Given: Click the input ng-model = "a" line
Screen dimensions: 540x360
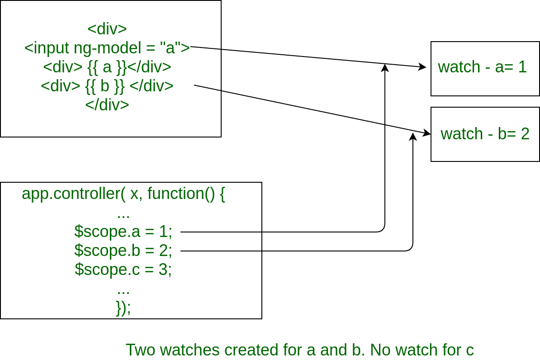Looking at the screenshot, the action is coord(107,48).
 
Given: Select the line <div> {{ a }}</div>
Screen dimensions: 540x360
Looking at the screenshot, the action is coord(107,67).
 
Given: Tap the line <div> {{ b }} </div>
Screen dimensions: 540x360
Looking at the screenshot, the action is coord(107,86).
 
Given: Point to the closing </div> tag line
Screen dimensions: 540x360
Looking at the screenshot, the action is coord(107,104).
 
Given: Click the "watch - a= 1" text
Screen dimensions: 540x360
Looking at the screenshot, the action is coord(482,67).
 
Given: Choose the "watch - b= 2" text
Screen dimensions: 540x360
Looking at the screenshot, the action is coord(485,134).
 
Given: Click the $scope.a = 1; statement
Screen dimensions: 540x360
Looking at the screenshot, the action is coord(123,231).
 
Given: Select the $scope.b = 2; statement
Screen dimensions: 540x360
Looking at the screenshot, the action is coord(123,250).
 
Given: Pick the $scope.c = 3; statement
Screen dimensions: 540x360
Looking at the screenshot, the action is coord(123,269).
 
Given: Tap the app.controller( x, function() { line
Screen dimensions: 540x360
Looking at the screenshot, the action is coord(123,194).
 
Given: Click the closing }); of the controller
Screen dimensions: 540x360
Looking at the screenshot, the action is coord(123,307).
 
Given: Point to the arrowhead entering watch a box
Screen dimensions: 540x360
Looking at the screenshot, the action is coord(422,67).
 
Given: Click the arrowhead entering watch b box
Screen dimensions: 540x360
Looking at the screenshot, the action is coord(426,133).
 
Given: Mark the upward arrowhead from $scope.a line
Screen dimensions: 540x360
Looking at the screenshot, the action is coord(385,68).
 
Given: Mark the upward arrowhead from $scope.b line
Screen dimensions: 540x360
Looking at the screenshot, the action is coord(412,137).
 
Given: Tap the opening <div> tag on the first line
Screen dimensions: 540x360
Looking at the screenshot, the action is coord(107,29).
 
